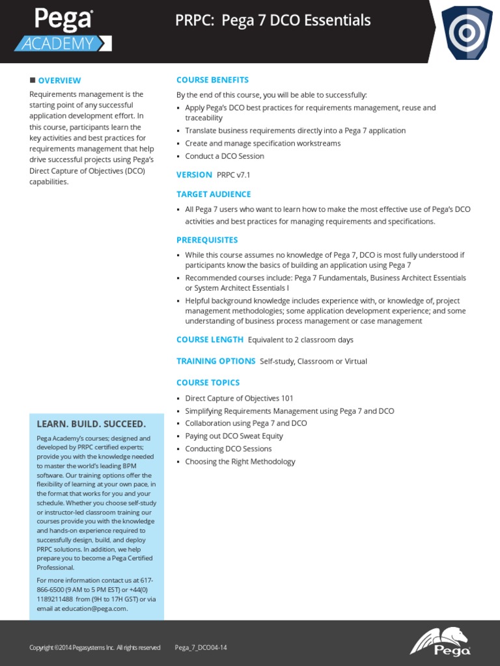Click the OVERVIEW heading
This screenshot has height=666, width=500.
[x=59, y=81]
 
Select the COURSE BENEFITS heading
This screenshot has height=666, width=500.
[x=212, y=80]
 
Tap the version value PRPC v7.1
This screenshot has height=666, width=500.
[x=229, y=175]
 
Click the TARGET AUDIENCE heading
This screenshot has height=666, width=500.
[x=214, y=194]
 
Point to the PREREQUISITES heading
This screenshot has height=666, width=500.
[x=207, y=240]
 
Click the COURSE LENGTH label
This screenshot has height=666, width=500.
[x=210, y=340]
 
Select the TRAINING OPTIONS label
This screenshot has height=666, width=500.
[x=215, y=361]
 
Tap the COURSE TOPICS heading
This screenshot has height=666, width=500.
[x=208, y=382]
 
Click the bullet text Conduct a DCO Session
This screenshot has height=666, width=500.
[x=225, y=156]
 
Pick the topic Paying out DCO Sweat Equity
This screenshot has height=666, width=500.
[x=234, y=436]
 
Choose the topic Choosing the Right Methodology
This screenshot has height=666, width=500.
[x=240, y=462]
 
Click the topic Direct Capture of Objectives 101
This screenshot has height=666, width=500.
[x=239, y=398]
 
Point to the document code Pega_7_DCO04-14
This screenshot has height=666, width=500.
[x=201, y=648]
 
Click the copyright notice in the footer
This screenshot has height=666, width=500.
[x=94, y=648]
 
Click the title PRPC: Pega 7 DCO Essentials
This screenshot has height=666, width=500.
[x=273, y=21]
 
